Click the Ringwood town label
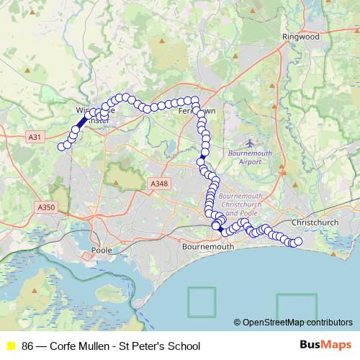tap(301, 36)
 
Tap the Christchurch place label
tap(315, 222)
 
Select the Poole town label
tap(98, 251)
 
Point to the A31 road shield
tap(34, 136)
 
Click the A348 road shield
tap(159, 184)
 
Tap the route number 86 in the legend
tap(28, 346)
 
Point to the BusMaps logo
tap(326, 346)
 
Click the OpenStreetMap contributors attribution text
tap(297, 322)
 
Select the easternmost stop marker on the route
tap(298, 242)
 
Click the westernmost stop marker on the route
tap(61, 147)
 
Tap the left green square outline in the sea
tap(202, 302)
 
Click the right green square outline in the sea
tap(297, 305)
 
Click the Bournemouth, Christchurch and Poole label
tap(241, 204)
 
